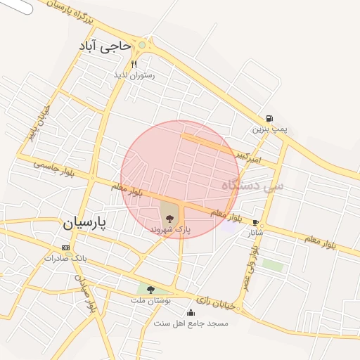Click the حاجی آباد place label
tap(105, 46)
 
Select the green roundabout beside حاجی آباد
tap(142, 45)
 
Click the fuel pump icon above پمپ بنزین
tap(269, 119)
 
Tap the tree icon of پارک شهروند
tap(169, 219)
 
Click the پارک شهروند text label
tap(170, 230)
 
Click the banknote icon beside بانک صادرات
tap(65, 247)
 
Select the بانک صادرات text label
tap(65, 258)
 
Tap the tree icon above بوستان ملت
tap(150, 289)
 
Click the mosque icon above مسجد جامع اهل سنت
tap(191, 313)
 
